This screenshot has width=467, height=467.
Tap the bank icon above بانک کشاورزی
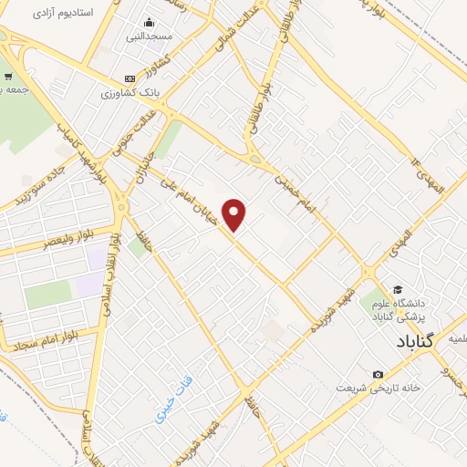[x=130, y=78]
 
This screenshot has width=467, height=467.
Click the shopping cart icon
[x=8, y=77]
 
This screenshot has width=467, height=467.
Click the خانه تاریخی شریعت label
[x=378, y=388]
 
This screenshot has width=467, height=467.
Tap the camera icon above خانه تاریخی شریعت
[x=378, y=374]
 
